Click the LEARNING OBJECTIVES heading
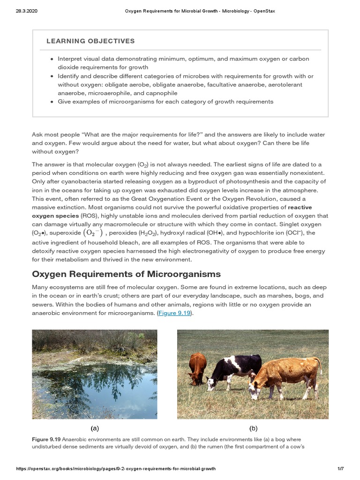[x=90, y=41]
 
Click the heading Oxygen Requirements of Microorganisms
[x=126, y=274]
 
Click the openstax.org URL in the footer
[x=116, y=469]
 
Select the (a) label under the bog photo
[x=95, y=428]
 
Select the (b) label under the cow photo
[x=253, y=428]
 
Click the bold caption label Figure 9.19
[x=46, y=440]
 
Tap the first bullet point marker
[x=52, y=60]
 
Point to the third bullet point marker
[x=52, y=102]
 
